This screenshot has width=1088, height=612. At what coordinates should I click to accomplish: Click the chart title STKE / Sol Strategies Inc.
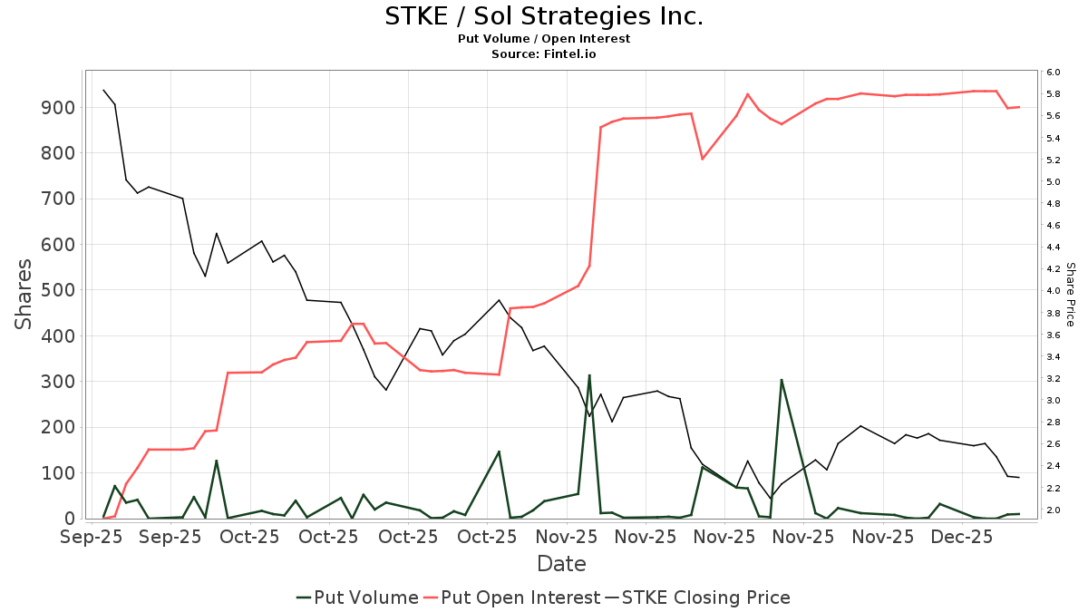pyautogui.click(x=544, y=16)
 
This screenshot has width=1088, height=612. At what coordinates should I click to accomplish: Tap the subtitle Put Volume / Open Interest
pyautogui.click(x=544, y=39)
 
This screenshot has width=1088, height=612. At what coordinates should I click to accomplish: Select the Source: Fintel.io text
pyautogui.click(x=544, y=54)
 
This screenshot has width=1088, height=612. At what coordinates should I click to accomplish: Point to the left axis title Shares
pyautogui.click(x=24, y=295)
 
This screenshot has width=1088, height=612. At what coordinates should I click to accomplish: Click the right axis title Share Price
pyautogui.click(x=1070, y=295)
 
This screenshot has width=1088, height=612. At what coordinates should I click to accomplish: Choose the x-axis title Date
pyautogui.click(x=561, y=564)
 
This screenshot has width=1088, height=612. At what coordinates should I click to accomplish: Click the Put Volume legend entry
pyautogui.click(x=357, y=597)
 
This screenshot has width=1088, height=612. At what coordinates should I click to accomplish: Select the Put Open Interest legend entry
pyautogui.click(x=511, y=597)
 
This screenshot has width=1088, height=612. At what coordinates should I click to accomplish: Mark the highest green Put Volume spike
pyautogui.click(x=589, y=374)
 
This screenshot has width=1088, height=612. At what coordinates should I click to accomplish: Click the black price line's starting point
pyautogui.click(x=103, y=90)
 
